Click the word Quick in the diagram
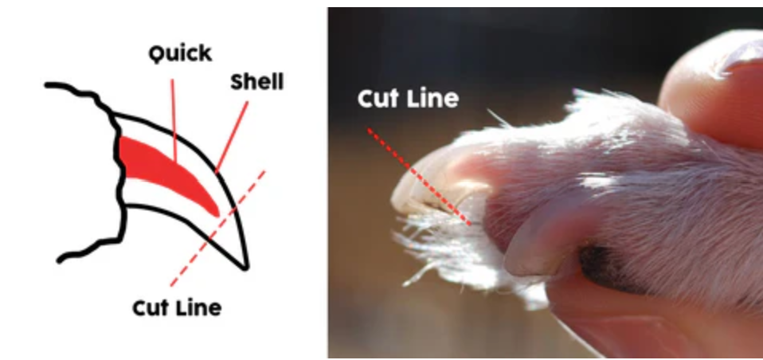click(x=180, y=53)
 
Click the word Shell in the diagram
click(x=256, y=81)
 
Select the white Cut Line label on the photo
click(x=408, y=99)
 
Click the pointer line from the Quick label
click(x=174, y=104)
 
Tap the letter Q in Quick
click(x=158, y=53)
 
